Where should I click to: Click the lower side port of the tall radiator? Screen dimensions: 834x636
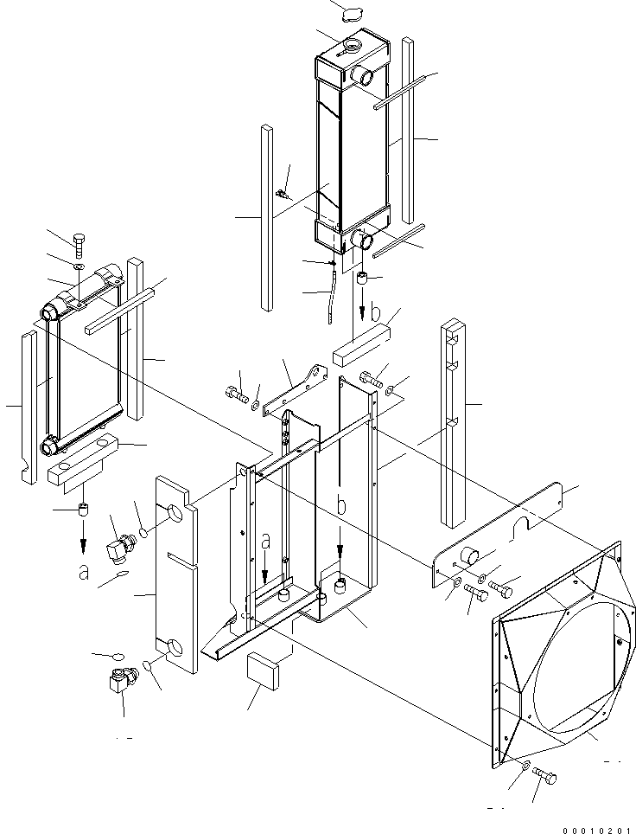pos(362,237)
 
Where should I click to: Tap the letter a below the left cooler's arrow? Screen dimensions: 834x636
pos(83,572)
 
